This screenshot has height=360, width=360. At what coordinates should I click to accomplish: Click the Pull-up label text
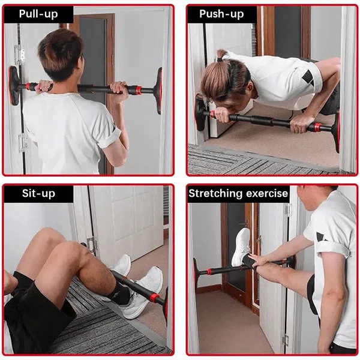point(38,14)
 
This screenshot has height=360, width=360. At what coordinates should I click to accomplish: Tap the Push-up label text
point(221,14)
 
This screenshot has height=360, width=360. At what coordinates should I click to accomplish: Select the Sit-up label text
point(38,193)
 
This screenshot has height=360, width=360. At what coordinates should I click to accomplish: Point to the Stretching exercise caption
point(238,193)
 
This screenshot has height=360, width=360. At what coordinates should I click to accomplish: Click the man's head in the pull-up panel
point(61,55)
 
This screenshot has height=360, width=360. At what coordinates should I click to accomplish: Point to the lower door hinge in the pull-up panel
point(23,142)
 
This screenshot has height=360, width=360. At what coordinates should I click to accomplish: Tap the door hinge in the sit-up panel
point(92,246)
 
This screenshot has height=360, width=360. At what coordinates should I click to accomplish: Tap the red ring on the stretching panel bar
point(209,271)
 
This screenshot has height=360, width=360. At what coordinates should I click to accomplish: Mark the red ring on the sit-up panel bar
point(154,297)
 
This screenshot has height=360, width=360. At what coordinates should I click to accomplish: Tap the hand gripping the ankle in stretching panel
point(258,261)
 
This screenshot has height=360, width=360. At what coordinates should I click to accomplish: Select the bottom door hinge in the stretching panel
point(285,340)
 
